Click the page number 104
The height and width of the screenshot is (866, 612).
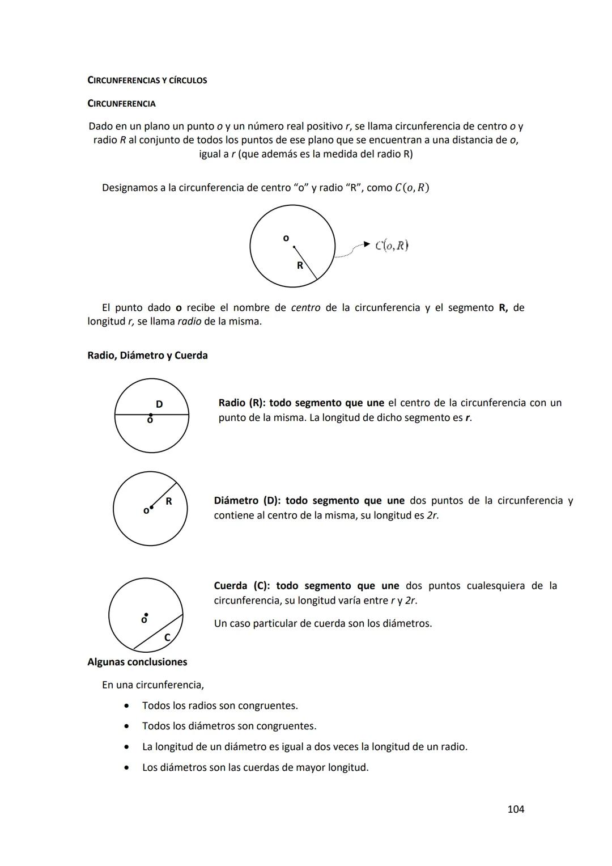(515, 809)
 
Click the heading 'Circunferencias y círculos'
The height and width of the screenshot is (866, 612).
(147, 81)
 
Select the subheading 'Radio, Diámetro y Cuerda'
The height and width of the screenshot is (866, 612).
(147, 356)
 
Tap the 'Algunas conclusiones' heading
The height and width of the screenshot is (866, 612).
(137, 662)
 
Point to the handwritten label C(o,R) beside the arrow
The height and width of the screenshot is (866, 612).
(392, 246)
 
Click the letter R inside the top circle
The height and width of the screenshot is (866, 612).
(300, 265)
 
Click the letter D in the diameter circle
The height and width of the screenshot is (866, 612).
(159, 404)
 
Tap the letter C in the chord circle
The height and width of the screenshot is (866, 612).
(167, 638)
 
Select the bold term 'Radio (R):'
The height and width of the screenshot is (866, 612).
(242, 403)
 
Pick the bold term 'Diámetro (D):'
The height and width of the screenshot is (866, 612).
(247, 501)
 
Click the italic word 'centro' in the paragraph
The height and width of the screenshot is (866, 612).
(305, 308)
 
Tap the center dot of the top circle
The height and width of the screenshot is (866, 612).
(294, 247)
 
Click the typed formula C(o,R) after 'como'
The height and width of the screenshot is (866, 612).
(412, 188)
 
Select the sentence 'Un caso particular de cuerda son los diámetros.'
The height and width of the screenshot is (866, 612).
(322, 624)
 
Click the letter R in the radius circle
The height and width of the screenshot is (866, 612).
(168, 501)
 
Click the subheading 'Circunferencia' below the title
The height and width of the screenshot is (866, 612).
(121, 104)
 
